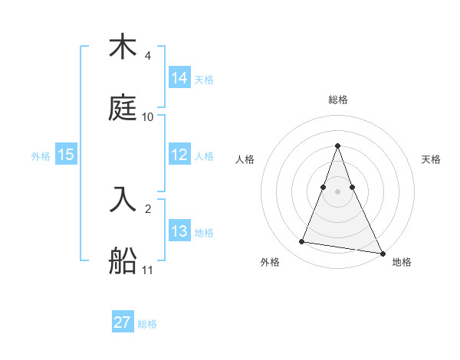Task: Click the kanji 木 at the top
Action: point(123,47)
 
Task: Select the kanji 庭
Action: point(123,107)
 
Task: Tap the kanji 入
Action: point(123,200)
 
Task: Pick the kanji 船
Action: point(123,260)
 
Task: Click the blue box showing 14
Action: point(179,77)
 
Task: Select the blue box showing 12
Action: point(179,155)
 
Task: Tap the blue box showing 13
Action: point(179,231)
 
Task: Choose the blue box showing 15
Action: point(66,155)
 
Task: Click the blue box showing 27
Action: point(123,322)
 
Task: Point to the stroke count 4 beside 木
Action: point(147,57)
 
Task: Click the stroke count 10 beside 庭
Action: point(148,117)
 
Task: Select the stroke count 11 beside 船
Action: point(148,270)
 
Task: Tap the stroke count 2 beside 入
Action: point(147,209)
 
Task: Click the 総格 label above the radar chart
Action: point(337,100)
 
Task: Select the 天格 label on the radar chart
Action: point(431,159)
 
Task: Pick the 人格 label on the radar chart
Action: point(245,159)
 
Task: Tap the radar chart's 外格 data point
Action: point(301,242)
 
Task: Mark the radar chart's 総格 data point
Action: point(337,146)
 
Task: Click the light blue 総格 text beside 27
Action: point(147,324)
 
